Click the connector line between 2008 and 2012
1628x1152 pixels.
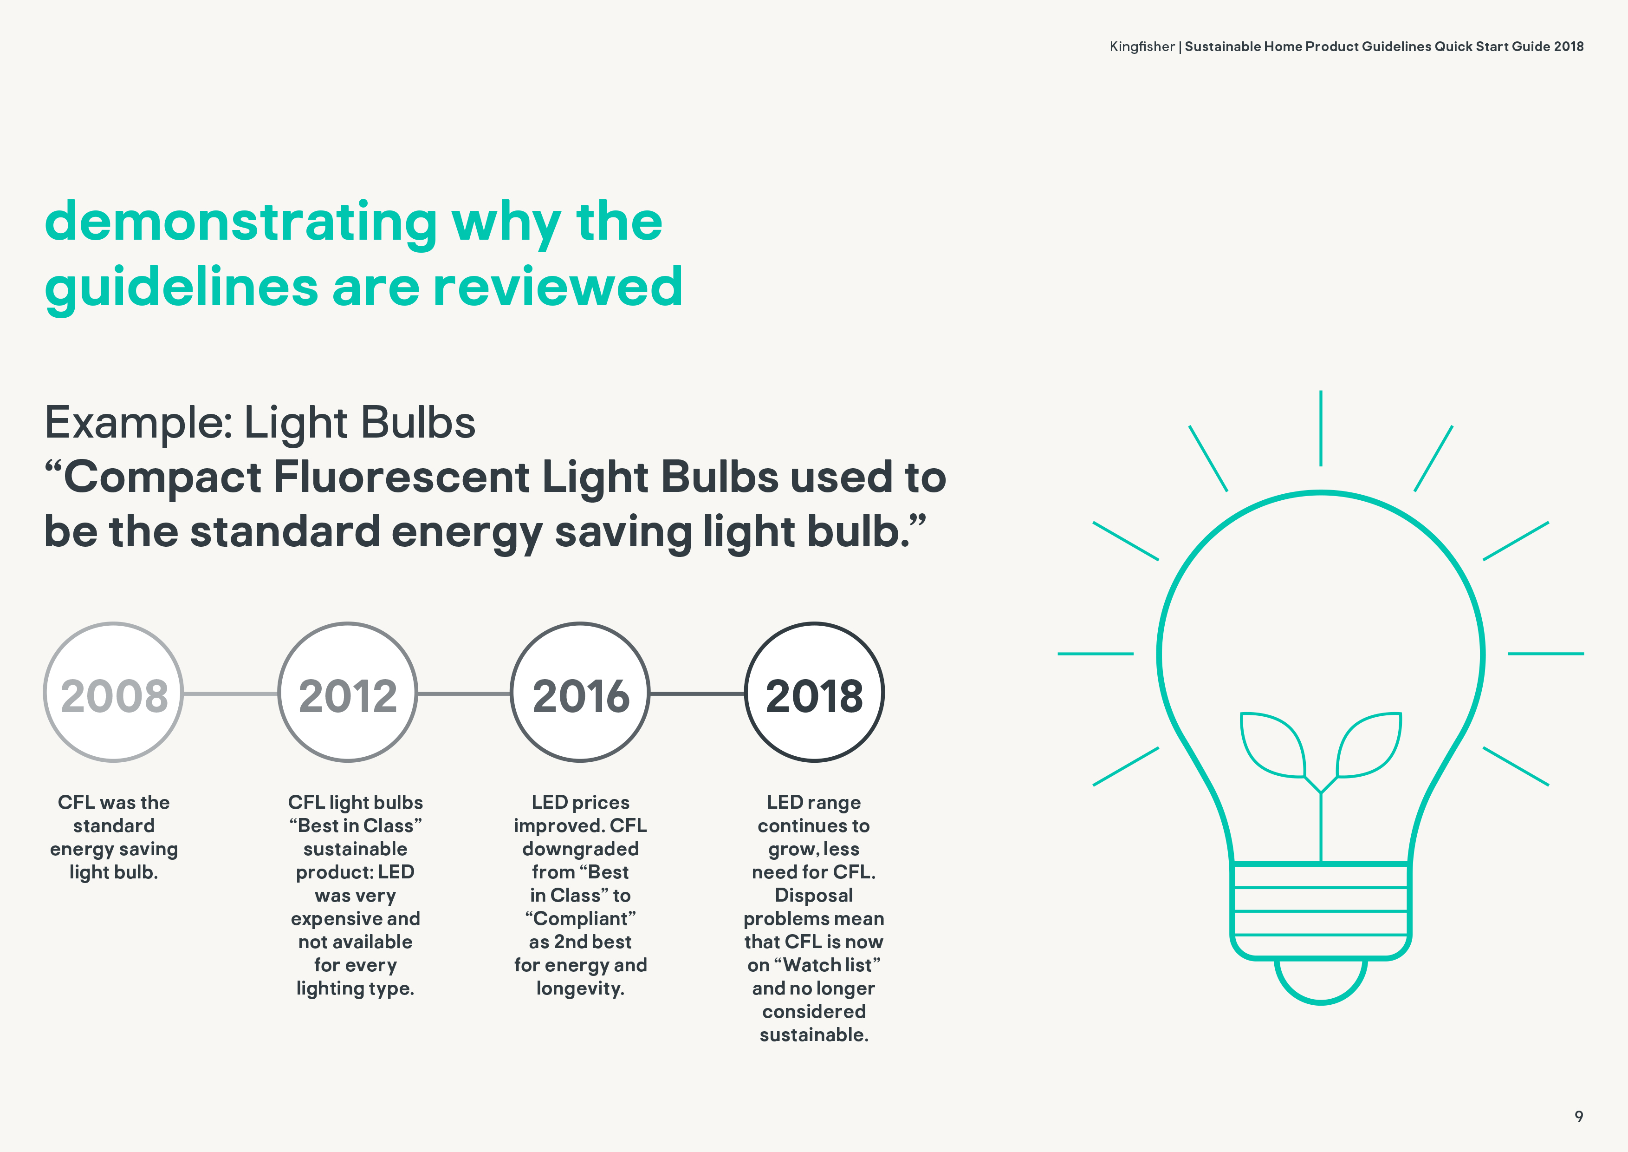click(230, 693)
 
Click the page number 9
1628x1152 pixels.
click(1578, 1117)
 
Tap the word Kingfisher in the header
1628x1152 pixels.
click(1142, 47)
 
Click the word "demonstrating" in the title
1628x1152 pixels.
click(241, 223)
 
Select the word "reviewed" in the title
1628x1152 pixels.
click(558, 287)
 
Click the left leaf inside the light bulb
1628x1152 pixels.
click(1273, 745)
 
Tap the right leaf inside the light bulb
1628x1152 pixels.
click(1369, 745)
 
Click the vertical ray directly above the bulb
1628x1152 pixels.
click(1320, 428)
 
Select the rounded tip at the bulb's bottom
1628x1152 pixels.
click(1320, 1001)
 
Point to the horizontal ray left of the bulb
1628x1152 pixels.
click(1096, 653)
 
